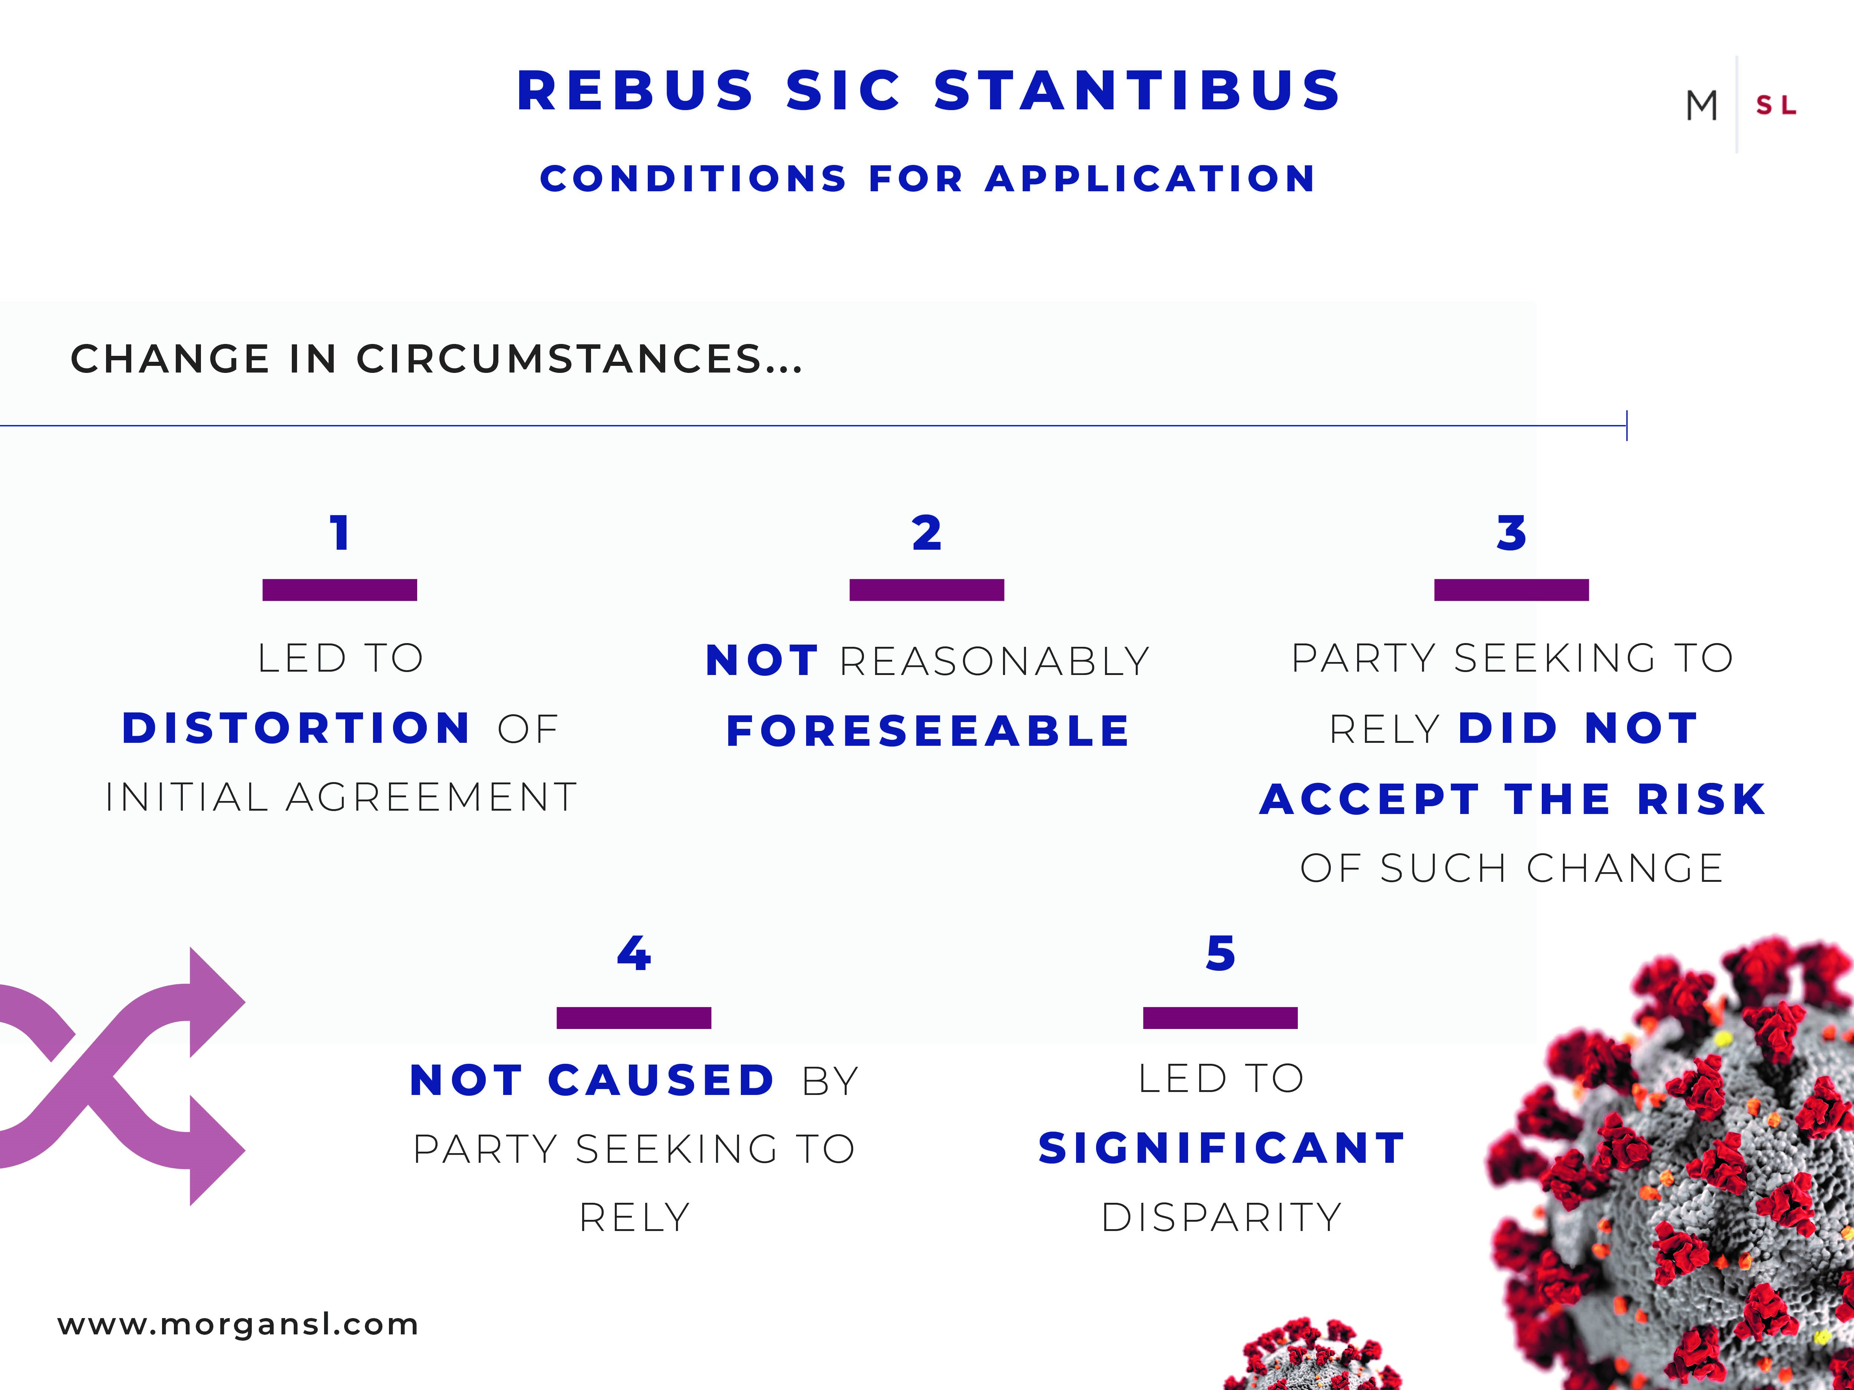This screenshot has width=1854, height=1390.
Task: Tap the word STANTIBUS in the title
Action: (1137, 90)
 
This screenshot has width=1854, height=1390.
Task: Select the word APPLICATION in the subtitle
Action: (1150, 178)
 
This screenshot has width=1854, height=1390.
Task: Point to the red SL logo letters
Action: (1776, 106)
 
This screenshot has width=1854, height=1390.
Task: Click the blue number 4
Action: (634, 953)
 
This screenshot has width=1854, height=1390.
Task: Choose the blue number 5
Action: (1220, 953)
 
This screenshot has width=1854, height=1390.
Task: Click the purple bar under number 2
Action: (927, 590)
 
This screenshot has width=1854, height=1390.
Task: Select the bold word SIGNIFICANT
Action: (1221, 1148)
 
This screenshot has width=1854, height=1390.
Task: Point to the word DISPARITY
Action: (1221, 1217)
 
